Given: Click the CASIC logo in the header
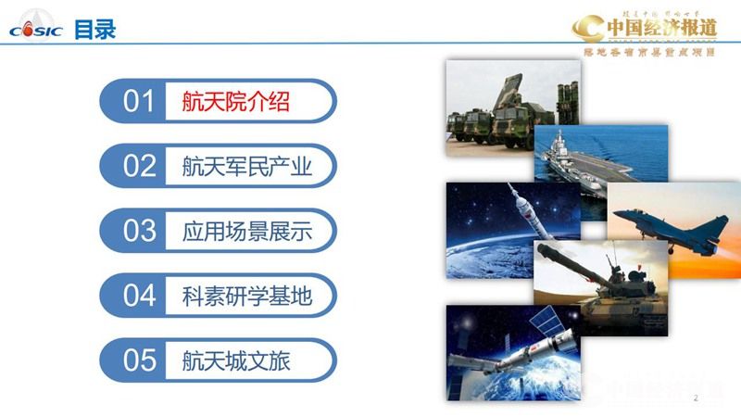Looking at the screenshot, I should pyautogui.click(x=35, y=30).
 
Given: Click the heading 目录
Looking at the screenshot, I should pyautogui.click(x=95, y=30).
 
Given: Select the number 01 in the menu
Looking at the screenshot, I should pyautogui.click(x=139, y=101).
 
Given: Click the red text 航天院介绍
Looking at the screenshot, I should pyautogui.click(x=235, y=101).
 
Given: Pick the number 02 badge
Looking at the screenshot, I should pyautogui.click(x=139, y=166).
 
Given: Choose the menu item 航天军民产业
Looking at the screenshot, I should pyautogui.click(x=246, y=167).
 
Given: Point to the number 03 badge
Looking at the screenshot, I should pyautogui.click(x=139, y=231).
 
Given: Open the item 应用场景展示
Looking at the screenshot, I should pyautogui.click(x=246, y=232).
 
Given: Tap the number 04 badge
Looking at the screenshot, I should pyautogui.click(x=139, y=296).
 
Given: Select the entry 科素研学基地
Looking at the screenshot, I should pyautogui.click(x=246, y=297).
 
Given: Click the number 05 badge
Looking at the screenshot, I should pyautogui.click(x=139, y=360).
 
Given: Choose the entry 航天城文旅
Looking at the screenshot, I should pyautogui.click(x=235, y=360).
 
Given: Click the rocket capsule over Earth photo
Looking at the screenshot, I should pyautogui.click(x=500, y=227).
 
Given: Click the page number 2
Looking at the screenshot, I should pyautogui.click(x=696, y=398).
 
